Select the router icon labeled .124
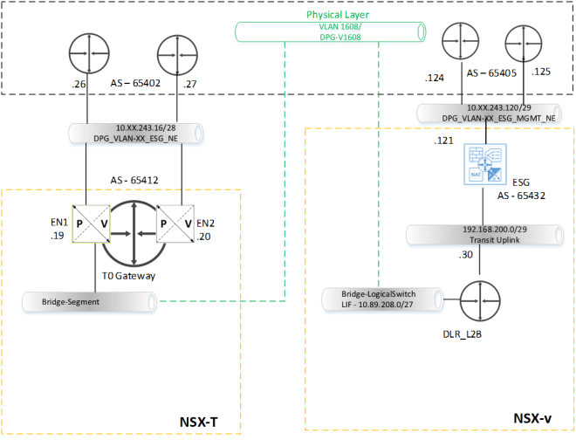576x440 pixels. [x=460, y=41]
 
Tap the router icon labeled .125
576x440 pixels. [x=523, y=41]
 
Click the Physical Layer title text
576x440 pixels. [x=336, y=15]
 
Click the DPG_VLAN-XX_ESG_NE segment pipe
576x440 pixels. [x=135, y=134]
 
